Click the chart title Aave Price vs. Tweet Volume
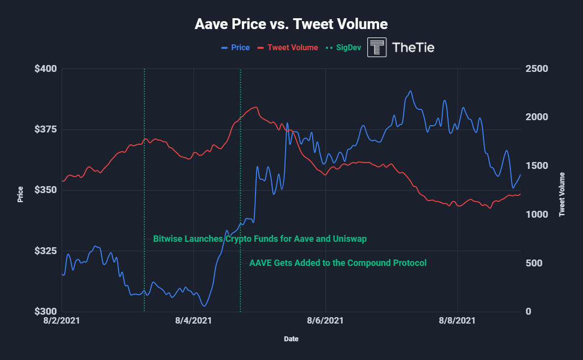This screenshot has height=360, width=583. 291,24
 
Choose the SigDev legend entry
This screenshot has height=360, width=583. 345,48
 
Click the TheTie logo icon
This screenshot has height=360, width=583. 377,47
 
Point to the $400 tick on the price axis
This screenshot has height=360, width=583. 45,69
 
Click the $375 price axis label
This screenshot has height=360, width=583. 45,130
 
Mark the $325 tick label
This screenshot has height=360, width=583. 45,251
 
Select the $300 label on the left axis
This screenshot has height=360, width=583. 45,312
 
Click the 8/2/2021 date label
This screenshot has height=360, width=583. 62,321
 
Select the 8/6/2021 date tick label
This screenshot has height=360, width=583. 325,321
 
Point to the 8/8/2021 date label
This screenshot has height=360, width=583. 457,321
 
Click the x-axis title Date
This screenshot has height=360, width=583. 291,339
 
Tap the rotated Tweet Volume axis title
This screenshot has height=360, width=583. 561,195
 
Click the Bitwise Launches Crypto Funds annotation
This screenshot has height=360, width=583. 259,239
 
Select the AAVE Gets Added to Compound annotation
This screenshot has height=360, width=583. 338,263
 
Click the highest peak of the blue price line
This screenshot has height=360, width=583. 410,91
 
